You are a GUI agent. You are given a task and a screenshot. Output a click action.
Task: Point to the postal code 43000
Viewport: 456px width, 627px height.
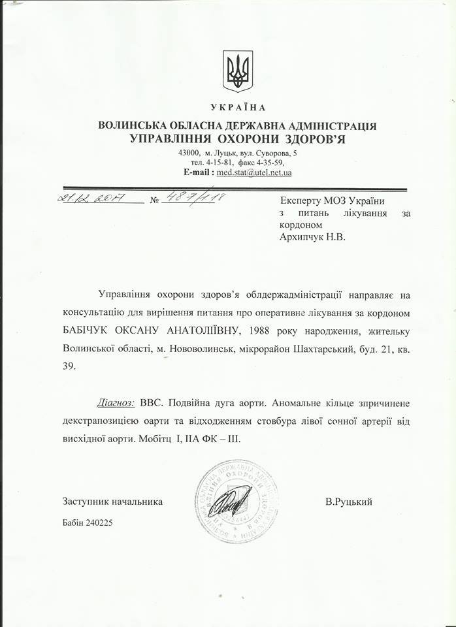(x=189, y=152)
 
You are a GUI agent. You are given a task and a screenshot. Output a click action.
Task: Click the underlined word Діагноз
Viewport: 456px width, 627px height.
(x=115, y=402)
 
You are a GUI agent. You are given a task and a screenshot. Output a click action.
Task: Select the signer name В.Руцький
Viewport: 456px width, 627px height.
(x=348, y=502)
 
